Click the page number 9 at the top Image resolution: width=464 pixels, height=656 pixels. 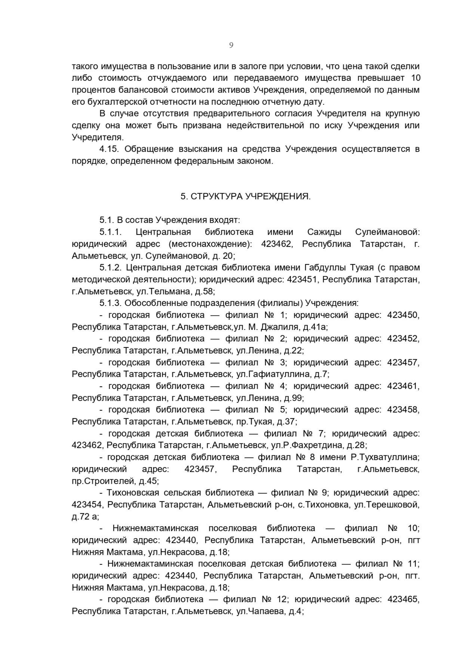click(231, 45)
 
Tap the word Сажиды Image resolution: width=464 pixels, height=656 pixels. click(324, 232)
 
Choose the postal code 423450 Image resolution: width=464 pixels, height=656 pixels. click(403, 315)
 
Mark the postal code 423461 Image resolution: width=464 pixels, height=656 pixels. click(403, 386)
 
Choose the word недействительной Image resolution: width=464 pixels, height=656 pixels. click(265, 125)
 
